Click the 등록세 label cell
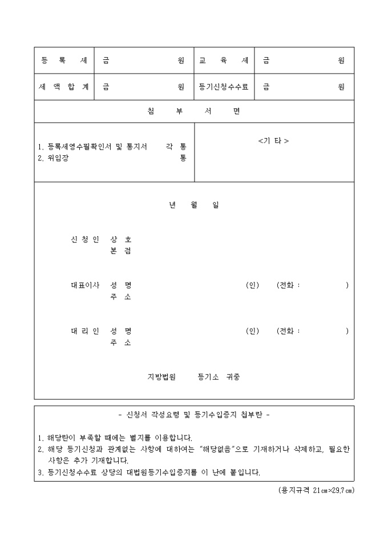pos(64,60)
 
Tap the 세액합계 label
pos(64,87)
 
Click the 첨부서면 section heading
pos(193,111)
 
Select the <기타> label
pos(273,141)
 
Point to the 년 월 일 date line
pos(193,205)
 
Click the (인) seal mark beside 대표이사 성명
pos(252,285)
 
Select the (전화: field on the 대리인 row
pos(288,331)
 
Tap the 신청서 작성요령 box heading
pos(193,415)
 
